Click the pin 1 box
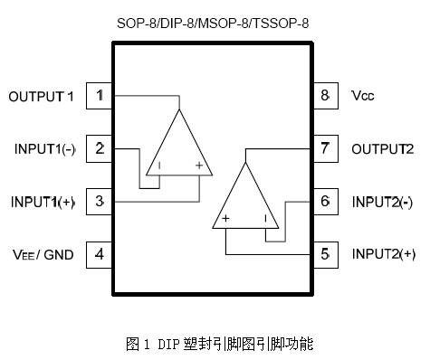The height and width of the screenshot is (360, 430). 100,95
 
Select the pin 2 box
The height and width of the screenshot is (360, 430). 100,147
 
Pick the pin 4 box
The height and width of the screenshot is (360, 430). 100,254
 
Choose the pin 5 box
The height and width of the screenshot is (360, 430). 324,254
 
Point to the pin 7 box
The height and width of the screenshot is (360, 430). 324,147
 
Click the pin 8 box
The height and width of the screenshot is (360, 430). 324,95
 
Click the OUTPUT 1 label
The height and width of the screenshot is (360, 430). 41,95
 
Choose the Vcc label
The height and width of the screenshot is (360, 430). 363,95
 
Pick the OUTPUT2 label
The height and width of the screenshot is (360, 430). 383,148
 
